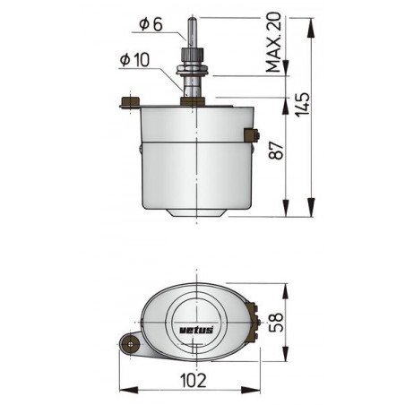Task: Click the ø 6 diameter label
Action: click(151, 25)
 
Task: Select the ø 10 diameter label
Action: click(134, 61)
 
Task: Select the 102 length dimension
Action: click(190, 378)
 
